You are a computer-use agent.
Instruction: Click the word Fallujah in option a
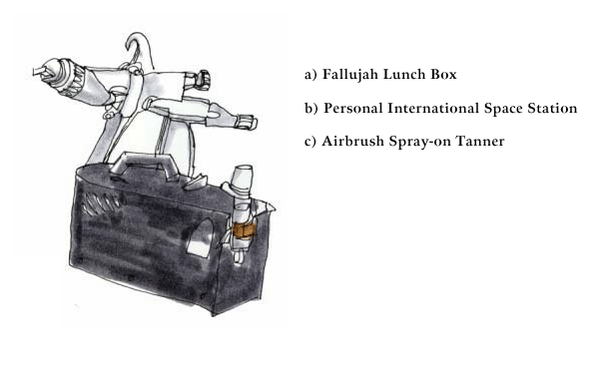(x=350, y=75)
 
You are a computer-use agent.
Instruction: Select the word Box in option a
(x=444, y=74)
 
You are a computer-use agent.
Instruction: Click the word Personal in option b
(x=353, y=108)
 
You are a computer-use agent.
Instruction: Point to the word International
(x=433, y=108)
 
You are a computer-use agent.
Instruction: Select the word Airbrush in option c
(x=353, y=141)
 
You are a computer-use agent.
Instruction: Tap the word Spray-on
(x=420, y=142)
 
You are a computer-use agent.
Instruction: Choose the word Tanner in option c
(x=480, y=141)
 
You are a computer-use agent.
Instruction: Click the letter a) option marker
(x=310, y=75)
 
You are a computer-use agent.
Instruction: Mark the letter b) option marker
(x=310, y=109)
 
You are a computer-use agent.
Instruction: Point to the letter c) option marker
(x=310, y=142)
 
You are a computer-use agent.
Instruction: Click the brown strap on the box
(x=244, y=230)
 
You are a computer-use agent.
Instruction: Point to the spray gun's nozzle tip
(x=39, y=72)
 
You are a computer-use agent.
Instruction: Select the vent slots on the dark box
(x=101, y=201)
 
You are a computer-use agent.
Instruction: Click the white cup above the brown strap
(x=243, y=173)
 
